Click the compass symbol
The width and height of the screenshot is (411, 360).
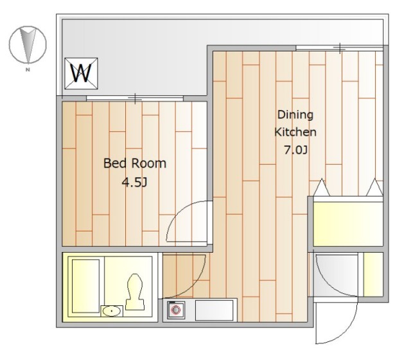28,44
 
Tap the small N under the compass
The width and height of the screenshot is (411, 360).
28,70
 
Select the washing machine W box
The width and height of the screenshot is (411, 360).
82,73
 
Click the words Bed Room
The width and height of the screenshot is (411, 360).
135,163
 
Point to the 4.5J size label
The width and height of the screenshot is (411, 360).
135,182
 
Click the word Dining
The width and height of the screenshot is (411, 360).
295,115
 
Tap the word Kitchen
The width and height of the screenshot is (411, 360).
295,132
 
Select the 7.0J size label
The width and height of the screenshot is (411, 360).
295,150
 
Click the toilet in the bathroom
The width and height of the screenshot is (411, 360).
135,292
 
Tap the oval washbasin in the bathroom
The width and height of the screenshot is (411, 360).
112,311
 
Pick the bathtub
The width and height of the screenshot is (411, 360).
85,286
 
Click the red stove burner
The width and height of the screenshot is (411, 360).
175,310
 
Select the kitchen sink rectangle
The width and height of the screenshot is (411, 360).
214,310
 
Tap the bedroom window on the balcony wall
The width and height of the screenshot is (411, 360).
135,99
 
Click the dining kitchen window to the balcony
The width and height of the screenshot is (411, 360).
340,48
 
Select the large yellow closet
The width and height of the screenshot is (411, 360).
348,224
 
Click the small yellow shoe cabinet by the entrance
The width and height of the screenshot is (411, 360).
373,274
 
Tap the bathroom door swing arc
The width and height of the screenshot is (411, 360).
198,283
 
